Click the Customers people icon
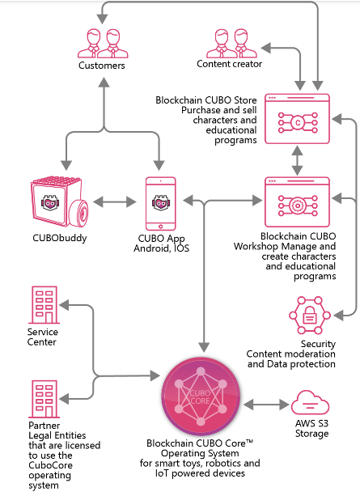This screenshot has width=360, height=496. click(103, 44)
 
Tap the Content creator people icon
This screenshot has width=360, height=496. click(232, 43)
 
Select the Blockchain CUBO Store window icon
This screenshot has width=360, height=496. click(297, 119)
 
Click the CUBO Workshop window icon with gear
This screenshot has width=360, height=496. click(297, 201)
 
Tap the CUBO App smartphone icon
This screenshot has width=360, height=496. click(161, 203)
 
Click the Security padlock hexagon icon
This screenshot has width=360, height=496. click(310, 315)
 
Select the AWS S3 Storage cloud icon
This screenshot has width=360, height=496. click(310, 402)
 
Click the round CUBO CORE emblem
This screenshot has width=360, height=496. click(201, 397)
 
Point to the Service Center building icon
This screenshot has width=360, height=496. click(44, 305)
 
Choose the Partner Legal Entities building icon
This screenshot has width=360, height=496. click(44, 399)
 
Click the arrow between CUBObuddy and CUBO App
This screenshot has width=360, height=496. click(115, 201)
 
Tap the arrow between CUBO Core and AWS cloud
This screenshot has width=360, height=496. click(266, 405)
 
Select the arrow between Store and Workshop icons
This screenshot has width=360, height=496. click(297, 160)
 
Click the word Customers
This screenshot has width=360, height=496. click(102, 66)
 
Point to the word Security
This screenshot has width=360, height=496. click(318, 344)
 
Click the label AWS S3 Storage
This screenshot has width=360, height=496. click(312, 428)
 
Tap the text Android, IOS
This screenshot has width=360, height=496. click(161, 248)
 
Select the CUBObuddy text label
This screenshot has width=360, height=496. click(60, 238)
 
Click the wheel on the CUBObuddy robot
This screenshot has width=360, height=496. click(78, 213)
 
